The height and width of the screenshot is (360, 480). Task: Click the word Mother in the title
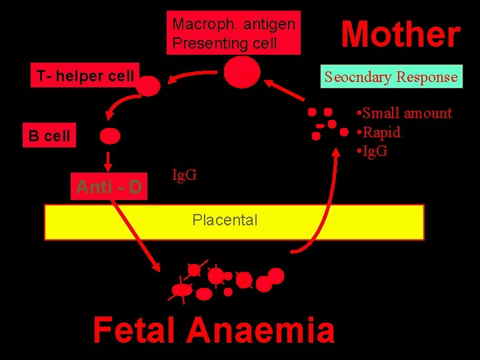pyautogui.click(x=400, y=35)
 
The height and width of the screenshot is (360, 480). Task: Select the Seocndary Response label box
pyautogui.click(x=391, y=77)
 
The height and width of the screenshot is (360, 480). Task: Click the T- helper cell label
pyautogui.click(x=85, y=76)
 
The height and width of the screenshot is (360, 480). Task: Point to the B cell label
pyautogui.click(x=49, y=137)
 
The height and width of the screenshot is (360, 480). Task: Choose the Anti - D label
pyautogui.click(x=109, y=187)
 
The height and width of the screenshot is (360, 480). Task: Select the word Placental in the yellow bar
pyautogui.click(x=225, y=220)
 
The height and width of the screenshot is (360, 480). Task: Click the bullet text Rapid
pyautogui.click(x=382, y=132)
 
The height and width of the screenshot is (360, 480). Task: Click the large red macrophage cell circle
pyautogui.click(x=241, y=72)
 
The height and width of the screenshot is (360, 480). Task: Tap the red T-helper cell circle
pyautogui.click(x=150, y=85)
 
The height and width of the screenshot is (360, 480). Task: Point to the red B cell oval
pyautogui.click(x=110, y=136)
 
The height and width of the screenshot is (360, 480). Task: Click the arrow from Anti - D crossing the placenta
pyautogui.click(x=137, y=233)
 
